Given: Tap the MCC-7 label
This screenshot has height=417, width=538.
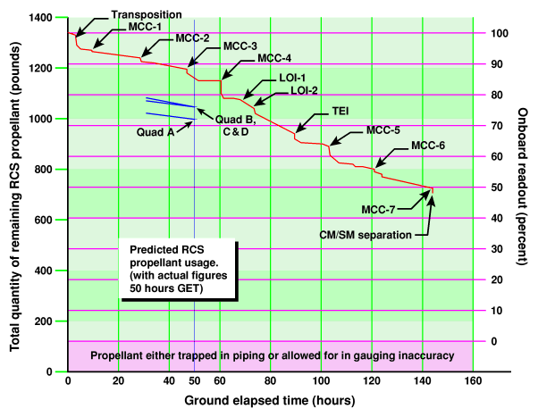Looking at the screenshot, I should pyautogui.click(x=381, y=209).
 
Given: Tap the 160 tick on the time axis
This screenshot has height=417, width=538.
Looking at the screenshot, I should pyautogui.click(x=473, y=380).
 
